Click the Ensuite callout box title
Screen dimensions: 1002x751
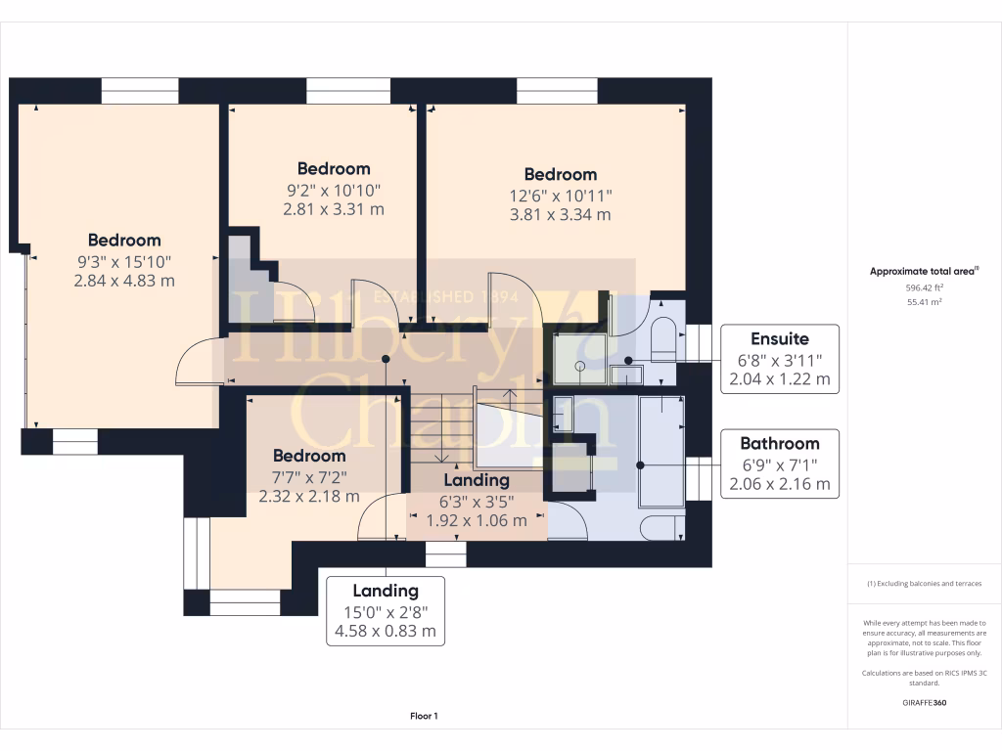780,339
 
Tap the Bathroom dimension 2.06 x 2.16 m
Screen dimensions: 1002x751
780,484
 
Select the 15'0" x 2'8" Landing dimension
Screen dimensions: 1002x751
386,612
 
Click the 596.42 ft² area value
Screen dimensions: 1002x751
924,288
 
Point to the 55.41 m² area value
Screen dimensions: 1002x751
924,302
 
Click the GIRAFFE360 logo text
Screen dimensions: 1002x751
924,702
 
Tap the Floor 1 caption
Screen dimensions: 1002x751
424,716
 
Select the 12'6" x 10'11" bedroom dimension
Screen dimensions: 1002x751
561,196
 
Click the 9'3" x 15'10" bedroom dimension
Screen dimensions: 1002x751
124,262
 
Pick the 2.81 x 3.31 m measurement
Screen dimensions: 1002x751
334,209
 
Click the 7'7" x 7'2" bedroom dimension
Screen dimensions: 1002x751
309,477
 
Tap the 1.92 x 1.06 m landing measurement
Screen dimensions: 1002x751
477,520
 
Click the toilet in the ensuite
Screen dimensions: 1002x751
662,338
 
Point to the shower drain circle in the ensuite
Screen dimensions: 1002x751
579,367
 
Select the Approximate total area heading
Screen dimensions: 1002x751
924,272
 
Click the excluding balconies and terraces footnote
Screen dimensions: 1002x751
924,584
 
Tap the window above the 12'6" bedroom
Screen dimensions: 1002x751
557,91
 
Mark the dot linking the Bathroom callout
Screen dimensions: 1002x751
640,465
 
